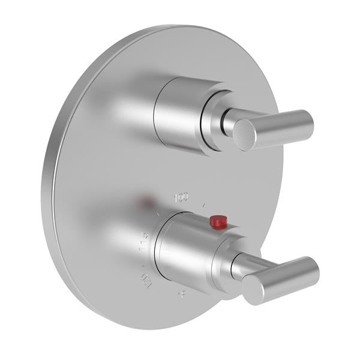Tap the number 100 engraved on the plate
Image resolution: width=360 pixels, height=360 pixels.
(181, 196)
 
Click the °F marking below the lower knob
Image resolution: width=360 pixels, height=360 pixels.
(181, 294)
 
